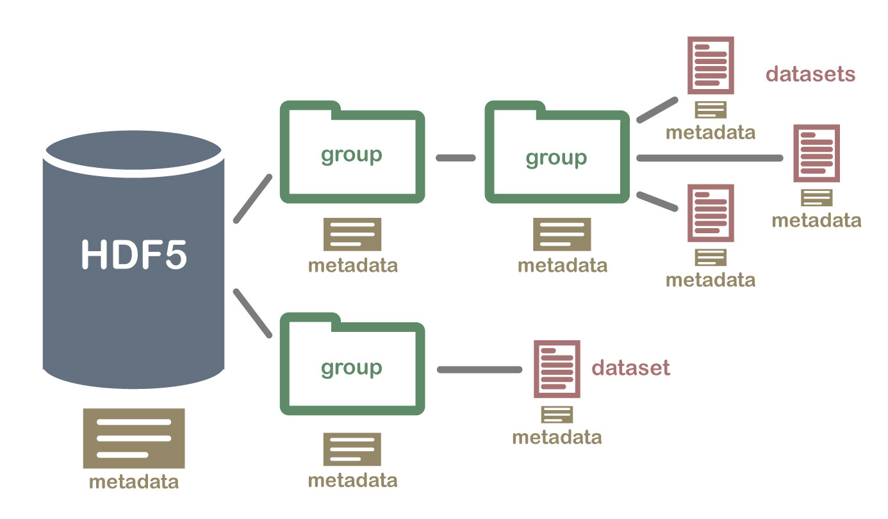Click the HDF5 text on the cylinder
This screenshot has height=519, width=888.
134,255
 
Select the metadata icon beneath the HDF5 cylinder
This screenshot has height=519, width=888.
134,438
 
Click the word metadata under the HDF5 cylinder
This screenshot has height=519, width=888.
134,481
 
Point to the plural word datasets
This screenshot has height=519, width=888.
810,74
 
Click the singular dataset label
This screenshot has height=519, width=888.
630,368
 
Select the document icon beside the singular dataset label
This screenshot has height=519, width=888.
557,369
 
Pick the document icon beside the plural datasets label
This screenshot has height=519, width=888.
711,65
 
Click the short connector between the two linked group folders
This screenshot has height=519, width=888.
456,158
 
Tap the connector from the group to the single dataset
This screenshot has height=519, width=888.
480,370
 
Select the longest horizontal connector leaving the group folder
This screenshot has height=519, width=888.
710,158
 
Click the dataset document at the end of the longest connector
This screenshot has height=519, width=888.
816,154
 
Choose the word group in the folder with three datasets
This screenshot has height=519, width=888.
556,157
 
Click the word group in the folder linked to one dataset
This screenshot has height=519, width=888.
351,367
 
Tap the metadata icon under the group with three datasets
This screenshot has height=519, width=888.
562,234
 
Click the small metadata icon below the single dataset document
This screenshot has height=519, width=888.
557,415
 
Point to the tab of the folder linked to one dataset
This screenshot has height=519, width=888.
310,319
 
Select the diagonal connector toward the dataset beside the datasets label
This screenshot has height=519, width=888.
657,110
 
